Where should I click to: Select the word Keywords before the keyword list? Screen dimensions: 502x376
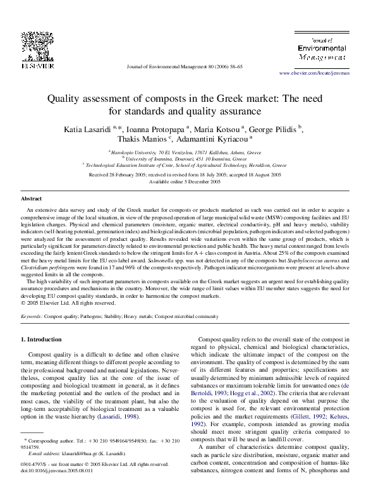[32, 315]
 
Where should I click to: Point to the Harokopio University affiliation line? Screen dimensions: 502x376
[188, 152]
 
